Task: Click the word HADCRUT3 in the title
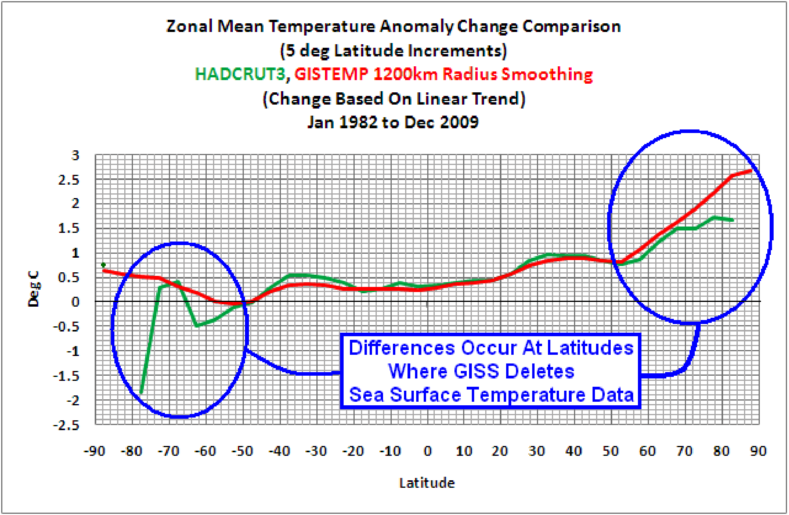point(239,74)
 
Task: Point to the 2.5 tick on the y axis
point(69,180)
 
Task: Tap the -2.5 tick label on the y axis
point(66,425)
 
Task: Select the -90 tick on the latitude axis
point(94,451)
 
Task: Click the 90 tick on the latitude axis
point(758,451)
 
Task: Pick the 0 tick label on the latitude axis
point(428,451)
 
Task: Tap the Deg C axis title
point(34,289)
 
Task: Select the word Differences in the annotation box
point(402,348)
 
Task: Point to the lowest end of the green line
point(141,393)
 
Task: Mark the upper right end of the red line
point(752,170)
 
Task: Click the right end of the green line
point(733,220)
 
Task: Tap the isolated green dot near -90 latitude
point(103,265)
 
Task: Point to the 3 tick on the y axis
point(75,155)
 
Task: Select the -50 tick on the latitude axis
point(242,451)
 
